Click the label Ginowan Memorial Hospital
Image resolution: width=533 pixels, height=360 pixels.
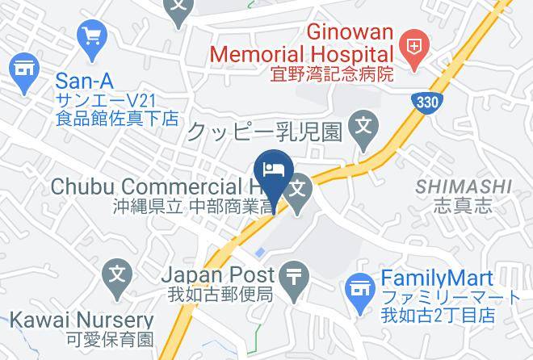click(302, 44)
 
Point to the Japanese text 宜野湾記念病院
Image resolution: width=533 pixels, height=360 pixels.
click(331, 75)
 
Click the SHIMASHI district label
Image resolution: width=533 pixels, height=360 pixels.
click(464, 187)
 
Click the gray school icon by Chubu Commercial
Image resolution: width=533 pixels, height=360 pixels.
click(299, 190)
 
